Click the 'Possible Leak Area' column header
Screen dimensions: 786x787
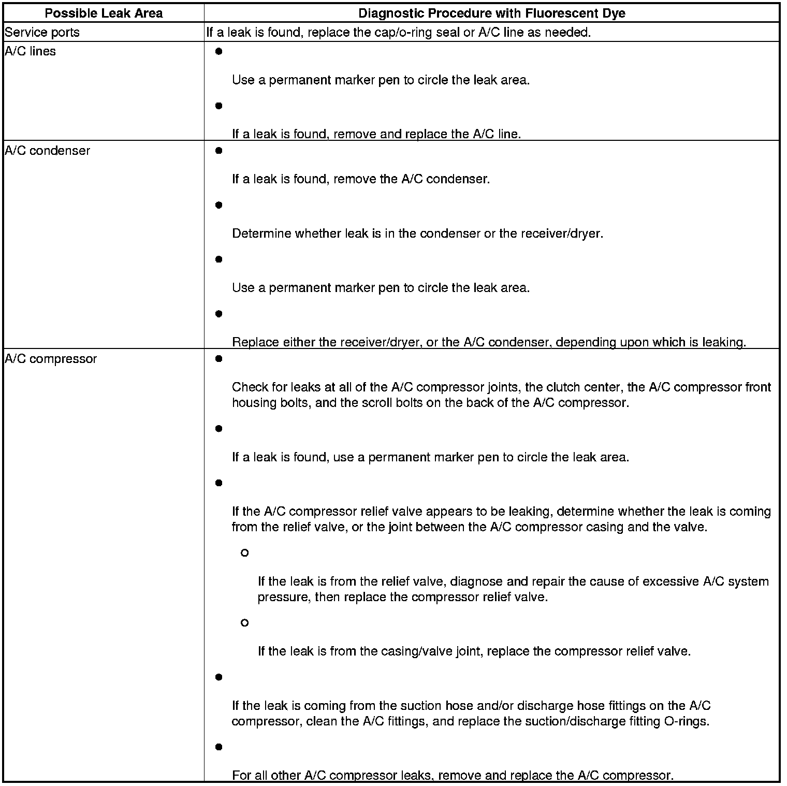point(104,13)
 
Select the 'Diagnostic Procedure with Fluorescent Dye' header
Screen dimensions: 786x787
point(491,13)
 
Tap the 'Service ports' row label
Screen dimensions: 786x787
point(42,33)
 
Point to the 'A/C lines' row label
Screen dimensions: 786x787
point(30,51)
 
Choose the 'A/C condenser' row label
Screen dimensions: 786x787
point(47,151)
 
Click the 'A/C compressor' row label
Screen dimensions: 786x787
point(51,359)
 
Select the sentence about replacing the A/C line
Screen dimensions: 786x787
point(376,134)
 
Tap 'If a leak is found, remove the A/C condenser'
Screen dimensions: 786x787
point(360,179)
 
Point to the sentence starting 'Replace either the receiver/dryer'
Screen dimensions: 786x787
point(488,342)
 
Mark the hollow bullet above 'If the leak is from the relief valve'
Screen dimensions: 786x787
point(245,553)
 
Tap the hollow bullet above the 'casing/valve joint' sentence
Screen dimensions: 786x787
point(245,623)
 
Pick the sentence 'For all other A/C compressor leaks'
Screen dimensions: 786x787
point(453,775)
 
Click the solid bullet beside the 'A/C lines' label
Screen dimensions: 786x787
point(218,52)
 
